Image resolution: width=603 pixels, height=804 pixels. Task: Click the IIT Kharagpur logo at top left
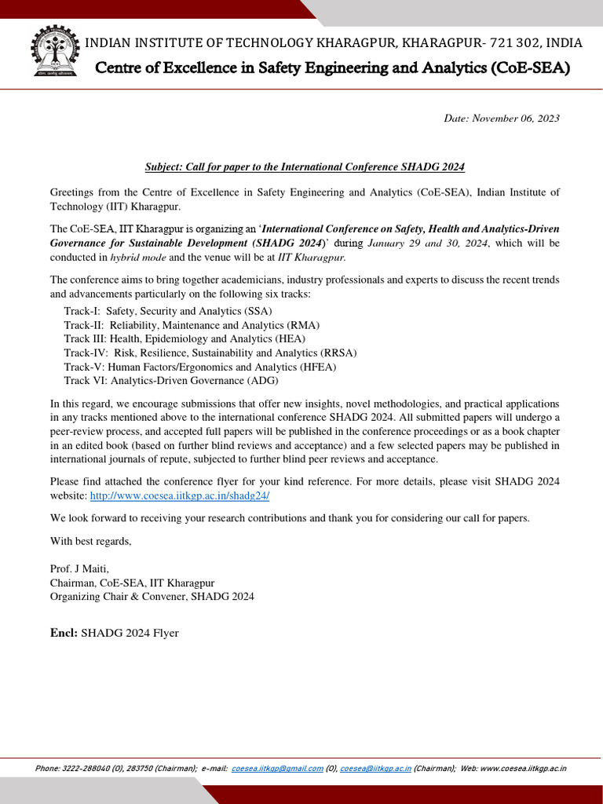(53, 53)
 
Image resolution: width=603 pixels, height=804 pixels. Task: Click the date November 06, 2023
(502, 118)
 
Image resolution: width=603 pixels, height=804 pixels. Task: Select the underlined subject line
(305, 166)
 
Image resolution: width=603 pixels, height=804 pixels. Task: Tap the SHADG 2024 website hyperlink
(180, 496)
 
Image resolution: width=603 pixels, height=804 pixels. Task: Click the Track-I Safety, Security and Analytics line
(168, 311)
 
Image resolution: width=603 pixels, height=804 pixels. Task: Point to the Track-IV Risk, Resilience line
(210, 353)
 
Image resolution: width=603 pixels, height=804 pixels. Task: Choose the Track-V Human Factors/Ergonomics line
(200, 366)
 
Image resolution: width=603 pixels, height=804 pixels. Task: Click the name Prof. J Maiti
(80, 568)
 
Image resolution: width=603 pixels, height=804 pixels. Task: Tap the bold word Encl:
(63, 633)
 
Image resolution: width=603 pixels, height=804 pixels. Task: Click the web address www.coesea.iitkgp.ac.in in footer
(522, 769)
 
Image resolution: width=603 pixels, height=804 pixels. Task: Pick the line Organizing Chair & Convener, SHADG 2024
(152, 597)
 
